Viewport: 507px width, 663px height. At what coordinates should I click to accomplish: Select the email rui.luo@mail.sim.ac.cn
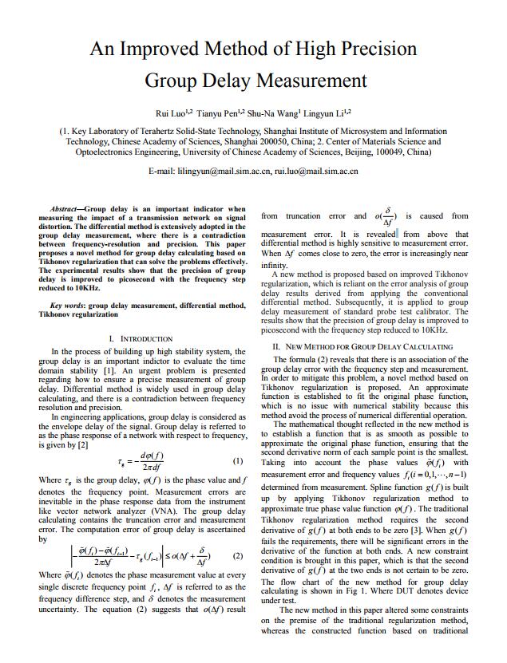coord(316,171)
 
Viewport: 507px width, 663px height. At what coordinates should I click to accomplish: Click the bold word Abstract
coord(65,208)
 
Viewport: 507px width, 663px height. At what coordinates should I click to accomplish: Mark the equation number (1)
coord(238,461)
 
